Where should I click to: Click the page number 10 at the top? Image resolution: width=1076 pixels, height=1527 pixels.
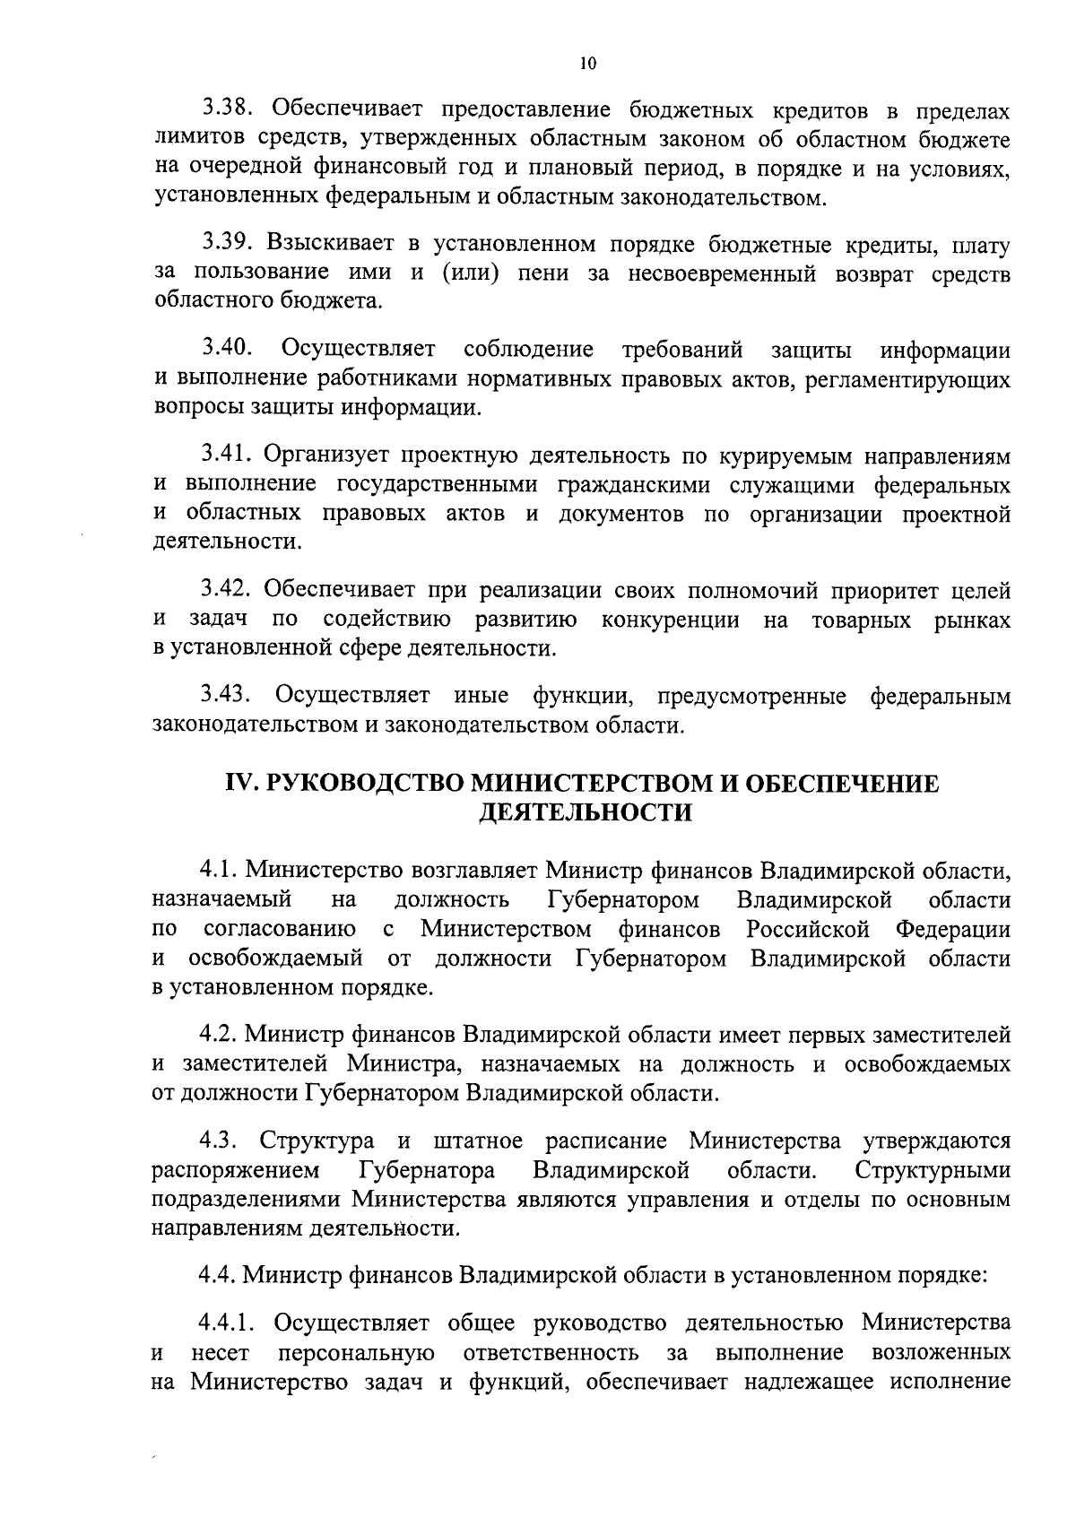tap(587, 63)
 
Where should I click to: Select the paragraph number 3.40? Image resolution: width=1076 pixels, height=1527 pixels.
tap(230, 349)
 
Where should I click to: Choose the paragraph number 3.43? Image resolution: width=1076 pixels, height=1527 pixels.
tap(230, 695)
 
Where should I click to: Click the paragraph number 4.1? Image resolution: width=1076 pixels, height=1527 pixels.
tap(218, 870)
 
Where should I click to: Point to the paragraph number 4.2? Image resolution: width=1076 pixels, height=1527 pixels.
tap(218, 1035)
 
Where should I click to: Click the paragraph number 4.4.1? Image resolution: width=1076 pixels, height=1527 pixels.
tap(229, 1322)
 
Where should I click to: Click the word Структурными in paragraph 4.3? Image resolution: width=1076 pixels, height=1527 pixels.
tap(933, 1170)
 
